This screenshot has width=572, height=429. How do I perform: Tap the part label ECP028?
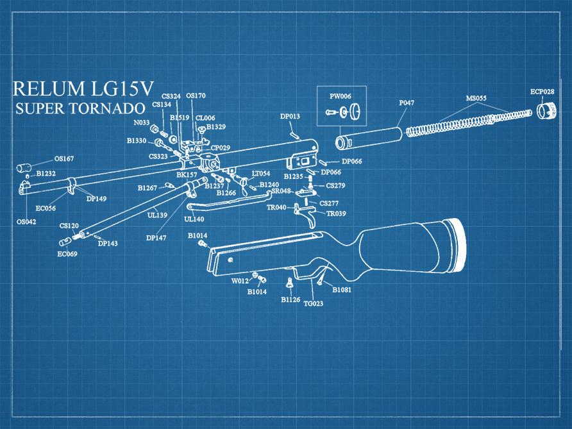point(542,92)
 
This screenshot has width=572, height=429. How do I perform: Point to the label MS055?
point(476,98)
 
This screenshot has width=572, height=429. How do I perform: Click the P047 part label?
point(407,103)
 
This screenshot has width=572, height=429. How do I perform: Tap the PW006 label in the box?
point(341,96)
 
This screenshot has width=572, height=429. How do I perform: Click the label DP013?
point(290,116)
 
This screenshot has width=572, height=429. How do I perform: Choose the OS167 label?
point(63,158)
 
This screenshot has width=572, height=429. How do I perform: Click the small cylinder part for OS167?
point(25,168)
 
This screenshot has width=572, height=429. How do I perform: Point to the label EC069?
point(67,254)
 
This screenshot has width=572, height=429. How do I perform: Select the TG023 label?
point(313,303)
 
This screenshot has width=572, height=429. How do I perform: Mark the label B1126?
point(290,299)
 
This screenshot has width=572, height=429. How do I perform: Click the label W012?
point(240,281)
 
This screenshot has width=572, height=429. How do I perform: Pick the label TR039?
point(336,214)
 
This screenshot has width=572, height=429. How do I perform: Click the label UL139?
point(157,215)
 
